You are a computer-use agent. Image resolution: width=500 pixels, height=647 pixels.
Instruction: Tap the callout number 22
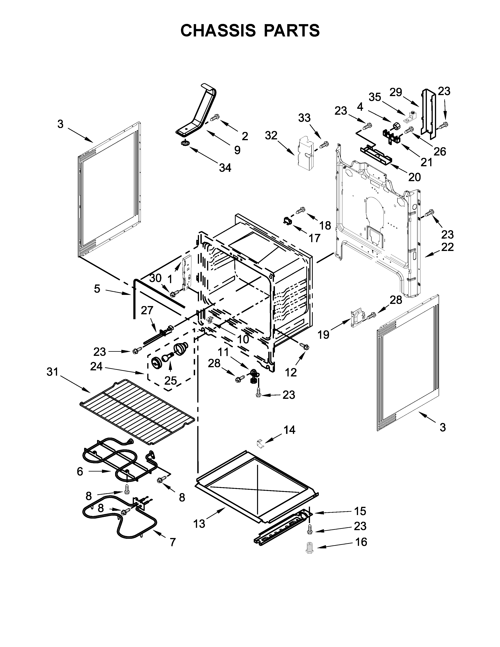(447, 247)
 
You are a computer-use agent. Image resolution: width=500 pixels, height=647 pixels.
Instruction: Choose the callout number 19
(324, 335)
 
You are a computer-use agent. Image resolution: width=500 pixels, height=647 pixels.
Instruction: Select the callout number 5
(97, 289)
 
